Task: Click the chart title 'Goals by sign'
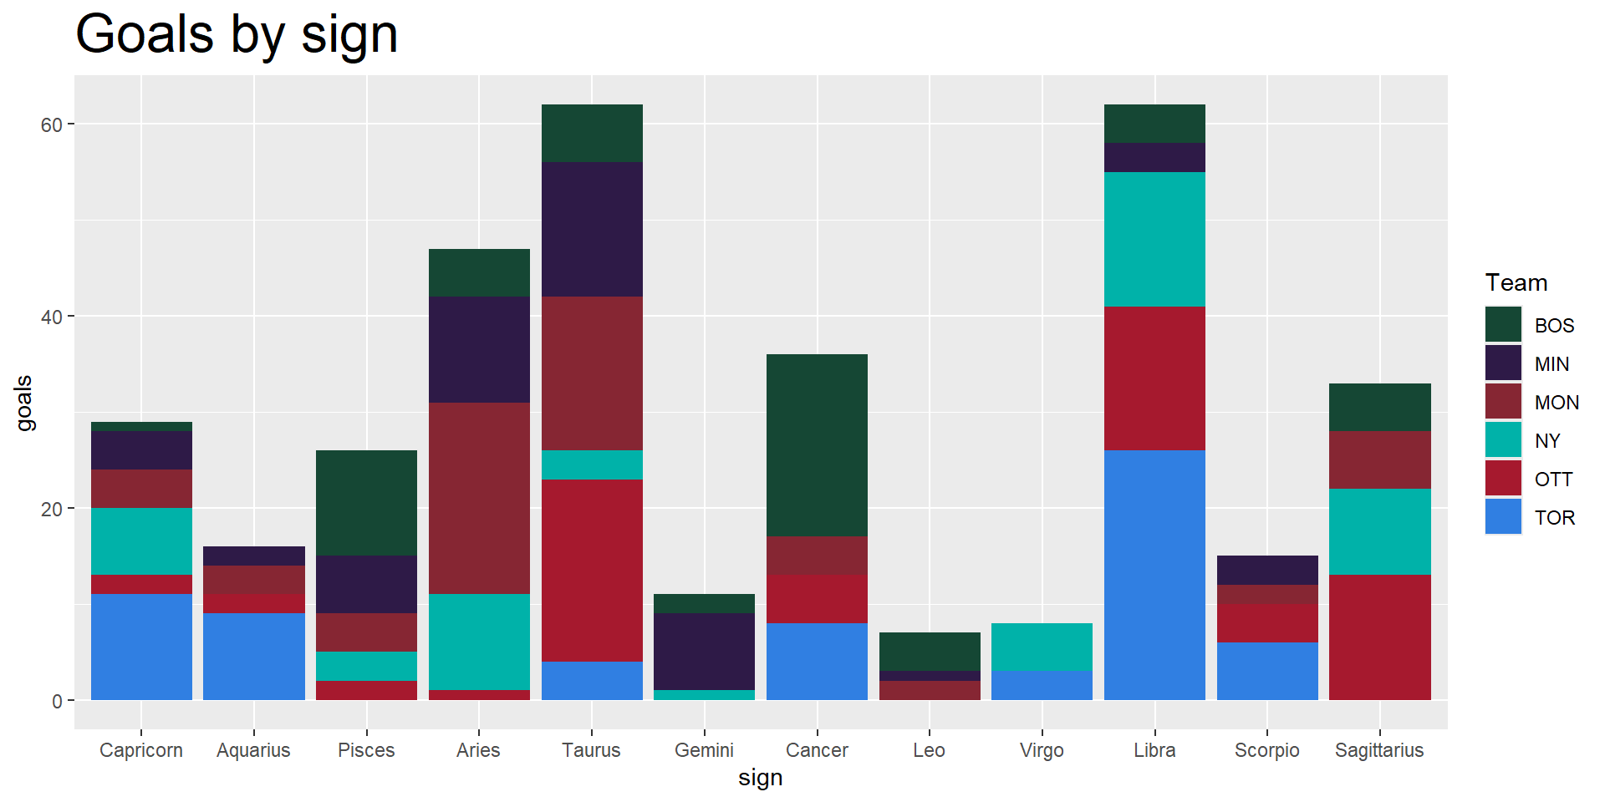(x=237, y=35)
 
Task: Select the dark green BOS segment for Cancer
(x=817, y=445)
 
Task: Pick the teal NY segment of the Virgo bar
(x=1042, y=647)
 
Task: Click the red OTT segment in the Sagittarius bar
(x=1379, y=637)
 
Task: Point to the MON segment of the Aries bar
(x=479, y=498)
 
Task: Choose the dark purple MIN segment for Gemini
(x=704, y=652)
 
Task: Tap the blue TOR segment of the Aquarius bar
(x=254, y=656)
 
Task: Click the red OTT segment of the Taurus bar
(x=592, y=570)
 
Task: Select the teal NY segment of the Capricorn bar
(x=141, y=541)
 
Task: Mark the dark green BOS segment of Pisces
(x=366, y=503)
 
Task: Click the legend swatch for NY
(x=1503, y=440)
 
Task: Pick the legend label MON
(x=1557, y=403)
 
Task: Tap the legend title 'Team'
(x=1516, y=283)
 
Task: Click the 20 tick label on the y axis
(x=52, y=509)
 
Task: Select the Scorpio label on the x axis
(x=1266, y=750)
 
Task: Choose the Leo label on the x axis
(x=929, y=750)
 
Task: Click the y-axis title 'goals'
(x=24, y=403)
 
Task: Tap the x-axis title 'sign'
(x=760, y=778)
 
